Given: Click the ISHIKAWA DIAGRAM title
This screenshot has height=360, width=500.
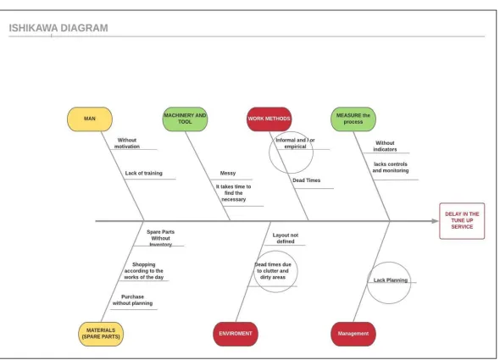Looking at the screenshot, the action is (58, 28).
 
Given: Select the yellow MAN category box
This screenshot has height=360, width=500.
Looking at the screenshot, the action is (90, 119).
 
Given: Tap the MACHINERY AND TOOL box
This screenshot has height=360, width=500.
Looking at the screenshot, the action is (185, 119).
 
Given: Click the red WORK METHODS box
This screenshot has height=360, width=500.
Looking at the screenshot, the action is (269, 119).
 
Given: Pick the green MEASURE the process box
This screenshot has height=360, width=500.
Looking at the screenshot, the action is (353, 119).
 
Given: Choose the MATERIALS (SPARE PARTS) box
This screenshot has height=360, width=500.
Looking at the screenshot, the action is (101, 334).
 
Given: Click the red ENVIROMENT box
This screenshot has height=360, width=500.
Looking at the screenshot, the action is (236, 334).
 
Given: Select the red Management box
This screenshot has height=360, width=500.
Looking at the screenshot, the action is (353, 334).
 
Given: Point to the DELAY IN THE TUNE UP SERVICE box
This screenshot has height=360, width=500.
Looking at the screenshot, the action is (462, 220).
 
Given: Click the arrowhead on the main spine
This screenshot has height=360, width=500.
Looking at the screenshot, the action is (436, 220).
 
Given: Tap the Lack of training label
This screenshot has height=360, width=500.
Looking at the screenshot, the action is (144, 173).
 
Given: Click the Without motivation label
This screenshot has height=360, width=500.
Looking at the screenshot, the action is (127, 143).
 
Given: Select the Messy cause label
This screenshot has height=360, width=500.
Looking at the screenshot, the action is (228, 173).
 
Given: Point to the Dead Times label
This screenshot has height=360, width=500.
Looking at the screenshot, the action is (307, 180).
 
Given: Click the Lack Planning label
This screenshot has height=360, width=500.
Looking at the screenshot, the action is (391, 280).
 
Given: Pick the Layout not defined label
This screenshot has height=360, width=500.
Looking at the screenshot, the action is (286, 238).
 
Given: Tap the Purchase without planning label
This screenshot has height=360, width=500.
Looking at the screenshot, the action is (133, 300).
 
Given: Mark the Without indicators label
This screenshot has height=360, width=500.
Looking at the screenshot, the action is (385, 146).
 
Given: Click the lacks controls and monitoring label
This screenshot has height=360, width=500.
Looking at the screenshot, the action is (391, 167).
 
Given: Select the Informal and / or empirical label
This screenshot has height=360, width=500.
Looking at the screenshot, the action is (295, 143).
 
